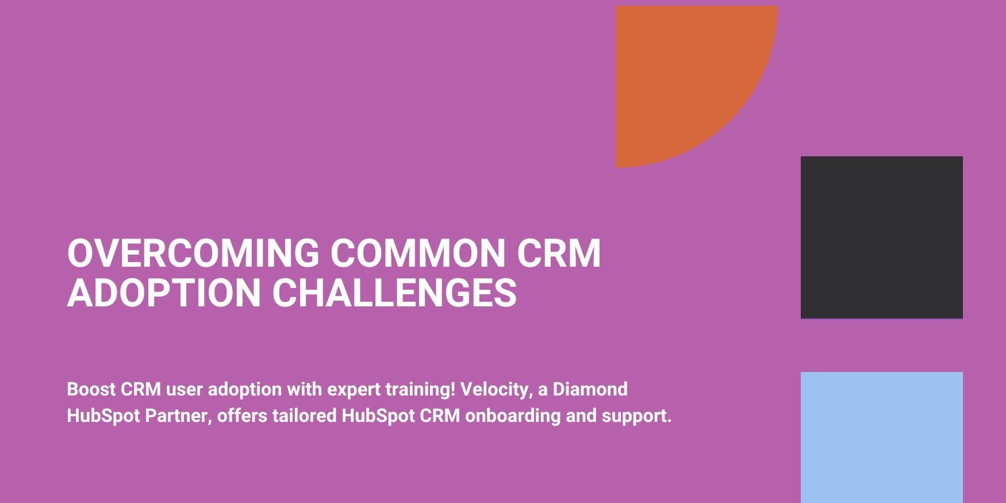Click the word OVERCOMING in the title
[193, 253]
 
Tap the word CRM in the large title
[559, 253]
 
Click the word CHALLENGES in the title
[394, 293]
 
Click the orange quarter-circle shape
[678, 69]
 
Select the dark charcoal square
[882, 237]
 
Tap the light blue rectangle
[882, 437]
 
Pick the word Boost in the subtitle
[91, 389]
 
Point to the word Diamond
[590, 389]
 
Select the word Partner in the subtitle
[179, 416]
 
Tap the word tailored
[305, 416]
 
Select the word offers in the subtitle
[243, 416]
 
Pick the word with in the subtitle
[305, 389]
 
